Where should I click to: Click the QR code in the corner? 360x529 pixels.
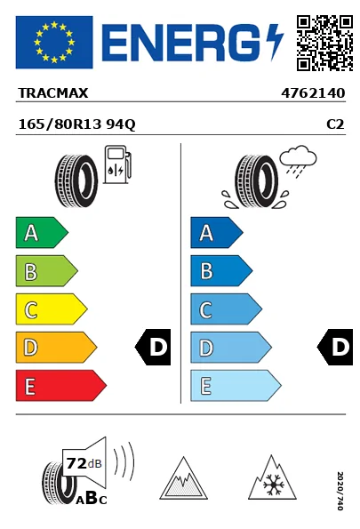[x=324, y=43]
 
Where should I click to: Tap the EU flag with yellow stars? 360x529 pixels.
[x=54, y=42]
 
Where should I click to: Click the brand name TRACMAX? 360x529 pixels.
[x=53, y=93]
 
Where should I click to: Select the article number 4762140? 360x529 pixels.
[x=313, y=93]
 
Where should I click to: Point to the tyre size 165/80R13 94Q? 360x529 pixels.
[x=77, y=124]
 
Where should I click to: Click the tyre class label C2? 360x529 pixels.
[x=335, y=124]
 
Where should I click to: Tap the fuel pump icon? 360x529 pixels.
[x=117, y=164]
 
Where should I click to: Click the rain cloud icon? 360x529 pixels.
[x=298, y=159]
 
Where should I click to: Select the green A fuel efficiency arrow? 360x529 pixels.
[x=42, y=233]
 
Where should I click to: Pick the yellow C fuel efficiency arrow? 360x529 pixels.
[x=52, y=309]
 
